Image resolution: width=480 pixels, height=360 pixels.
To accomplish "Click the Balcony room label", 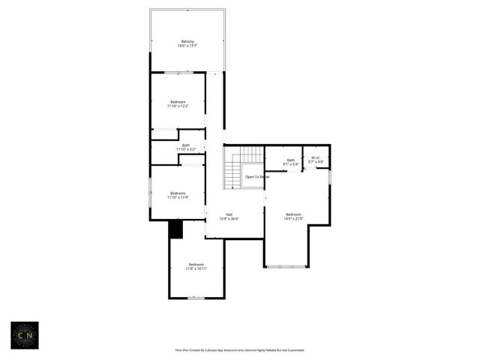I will click(187, 41).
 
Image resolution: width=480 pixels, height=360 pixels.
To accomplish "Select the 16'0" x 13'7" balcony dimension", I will click(187, 46).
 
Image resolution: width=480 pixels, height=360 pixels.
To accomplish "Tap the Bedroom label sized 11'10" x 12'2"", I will click(178, 102).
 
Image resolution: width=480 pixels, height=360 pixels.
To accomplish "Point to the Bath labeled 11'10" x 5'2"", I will click(185, 145).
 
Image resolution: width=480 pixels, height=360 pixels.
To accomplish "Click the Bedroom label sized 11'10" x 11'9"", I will click(178, 193).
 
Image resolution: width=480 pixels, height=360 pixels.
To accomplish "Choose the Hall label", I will click(229, 214).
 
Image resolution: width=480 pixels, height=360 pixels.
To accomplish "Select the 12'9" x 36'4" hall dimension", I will click(229, 219).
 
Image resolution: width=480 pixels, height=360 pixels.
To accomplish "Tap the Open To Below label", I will click(256, 177).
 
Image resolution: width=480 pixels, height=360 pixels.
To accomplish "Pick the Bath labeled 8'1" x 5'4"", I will click(290, 160).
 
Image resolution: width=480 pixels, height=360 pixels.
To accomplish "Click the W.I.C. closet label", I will click(316, 157).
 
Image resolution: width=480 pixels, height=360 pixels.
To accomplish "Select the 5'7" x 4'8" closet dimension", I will click(316, 162).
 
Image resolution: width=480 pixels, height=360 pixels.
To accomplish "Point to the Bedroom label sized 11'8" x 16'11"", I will click(196, 264).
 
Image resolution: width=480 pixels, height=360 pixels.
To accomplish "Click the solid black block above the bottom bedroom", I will click(176, 230).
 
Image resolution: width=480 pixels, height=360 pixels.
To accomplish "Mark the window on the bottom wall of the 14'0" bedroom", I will click(286, 266).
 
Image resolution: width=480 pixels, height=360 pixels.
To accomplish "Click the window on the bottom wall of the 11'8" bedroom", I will click(196, 298).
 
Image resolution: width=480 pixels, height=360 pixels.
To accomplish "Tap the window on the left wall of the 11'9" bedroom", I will click(151, 192).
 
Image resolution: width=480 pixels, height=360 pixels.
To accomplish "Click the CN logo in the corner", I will click(24, 335).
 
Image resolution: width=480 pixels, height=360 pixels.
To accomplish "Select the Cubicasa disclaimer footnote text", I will click(240, 350).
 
